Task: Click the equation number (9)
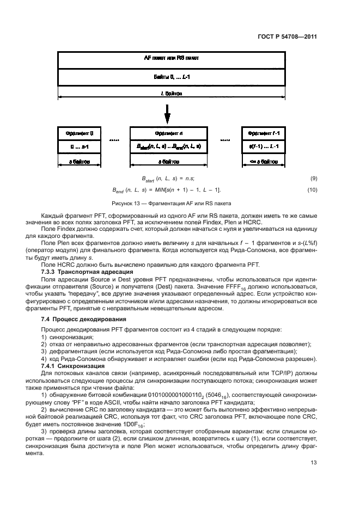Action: pos(313,179)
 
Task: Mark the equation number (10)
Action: pos(312,189)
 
